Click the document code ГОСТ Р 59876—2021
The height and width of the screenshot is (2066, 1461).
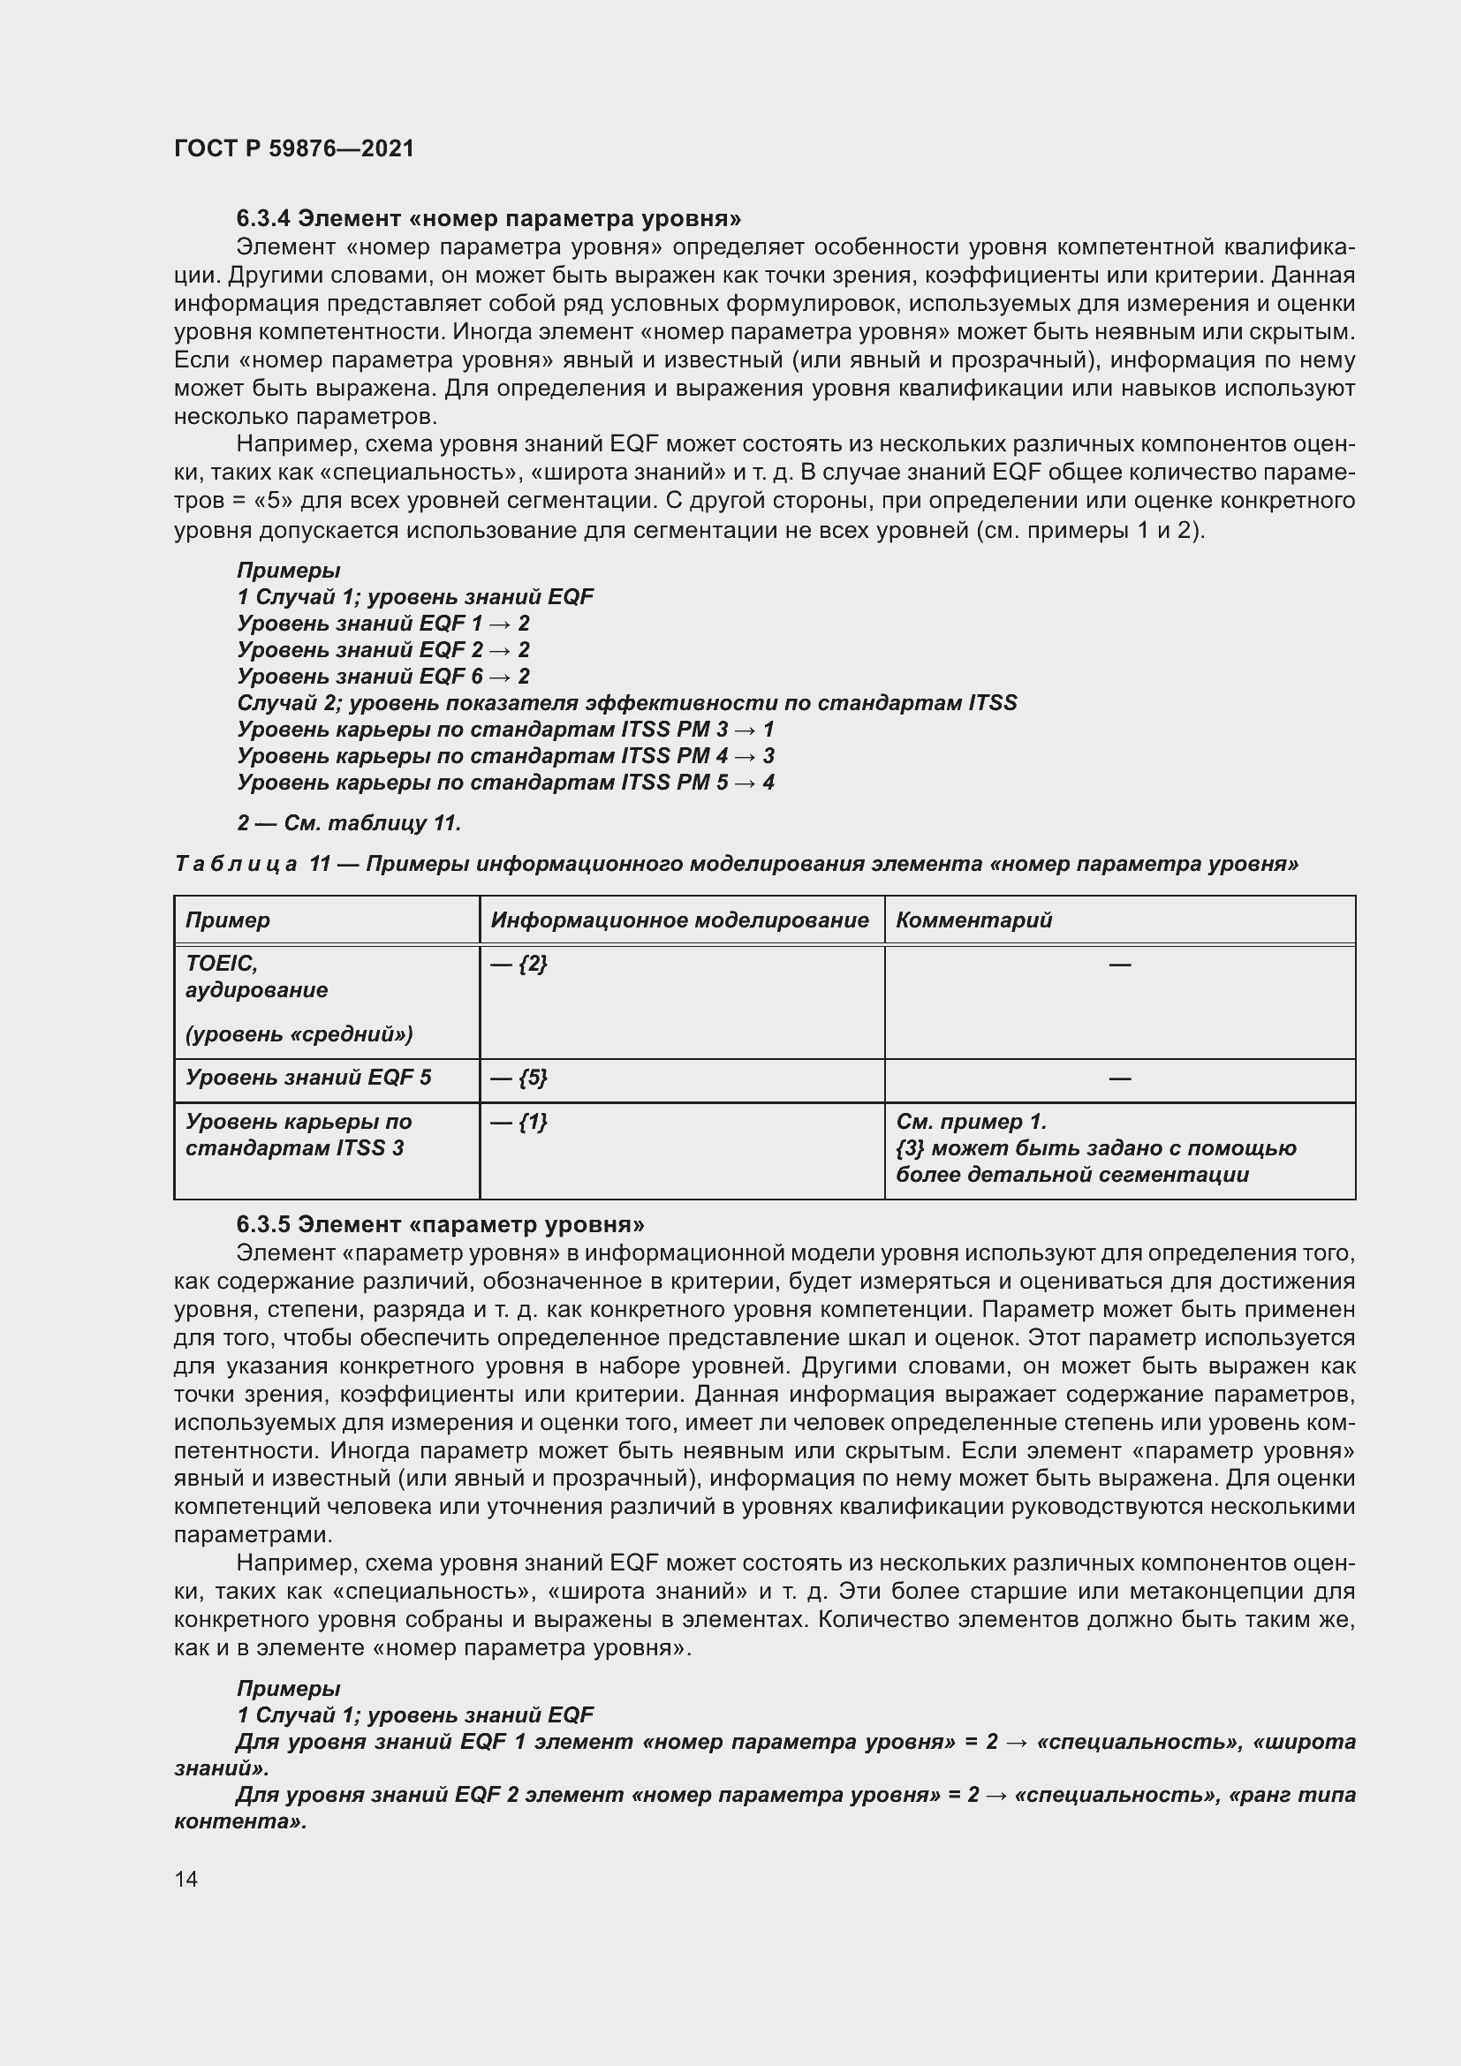[x=293, y=148]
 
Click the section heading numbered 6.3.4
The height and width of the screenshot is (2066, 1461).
[x=488, y=219]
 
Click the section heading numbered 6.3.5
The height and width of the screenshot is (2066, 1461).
[x=440, y=1224]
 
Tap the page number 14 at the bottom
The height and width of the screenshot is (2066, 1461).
[x=186, y=1879]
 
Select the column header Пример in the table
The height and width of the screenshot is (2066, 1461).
[x=228, y=920]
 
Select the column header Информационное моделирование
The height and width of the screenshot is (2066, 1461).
[x=679, y=920]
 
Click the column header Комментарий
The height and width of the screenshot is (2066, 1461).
[x=973, y=920]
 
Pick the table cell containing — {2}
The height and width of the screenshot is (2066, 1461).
[x=519, y=964]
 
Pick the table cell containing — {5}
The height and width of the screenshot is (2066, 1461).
[x=519, y=1078]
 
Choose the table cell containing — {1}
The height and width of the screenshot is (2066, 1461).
[x=519, y=1122]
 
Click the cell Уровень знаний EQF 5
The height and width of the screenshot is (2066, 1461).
[x=307, y=1078]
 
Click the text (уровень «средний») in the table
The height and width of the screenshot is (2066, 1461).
[x=299, y=1035]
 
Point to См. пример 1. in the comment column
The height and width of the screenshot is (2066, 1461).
[x=971, y=1122]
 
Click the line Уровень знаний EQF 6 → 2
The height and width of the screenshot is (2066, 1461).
[x=383, y=677]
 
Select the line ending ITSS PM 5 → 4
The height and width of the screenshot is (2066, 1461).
[x=504, y=783]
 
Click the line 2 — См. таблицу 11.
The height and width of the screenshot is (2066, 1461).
[x=349, y=823]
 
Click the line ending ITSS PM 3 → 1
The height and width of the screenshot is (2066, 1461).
[x=504, y=730]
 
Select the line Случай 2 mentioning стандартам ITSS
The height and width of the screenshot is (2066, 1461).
[x=626, y=704]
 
